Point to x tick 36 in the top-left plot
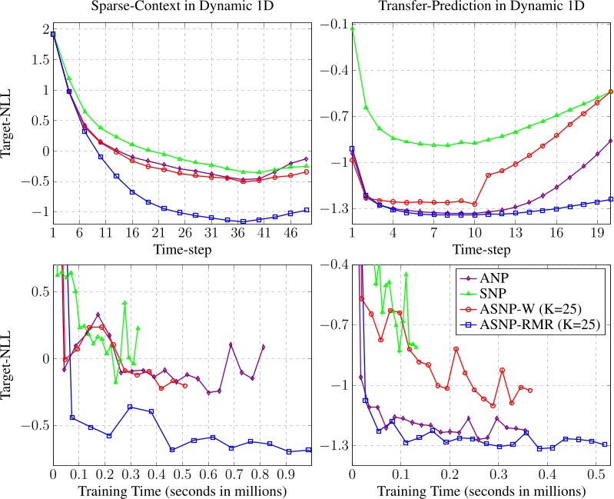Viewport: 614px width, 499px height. click(x=243, y=233)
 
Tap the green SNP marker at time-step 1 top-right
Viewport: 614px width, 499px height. click(x=352, y=28)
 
